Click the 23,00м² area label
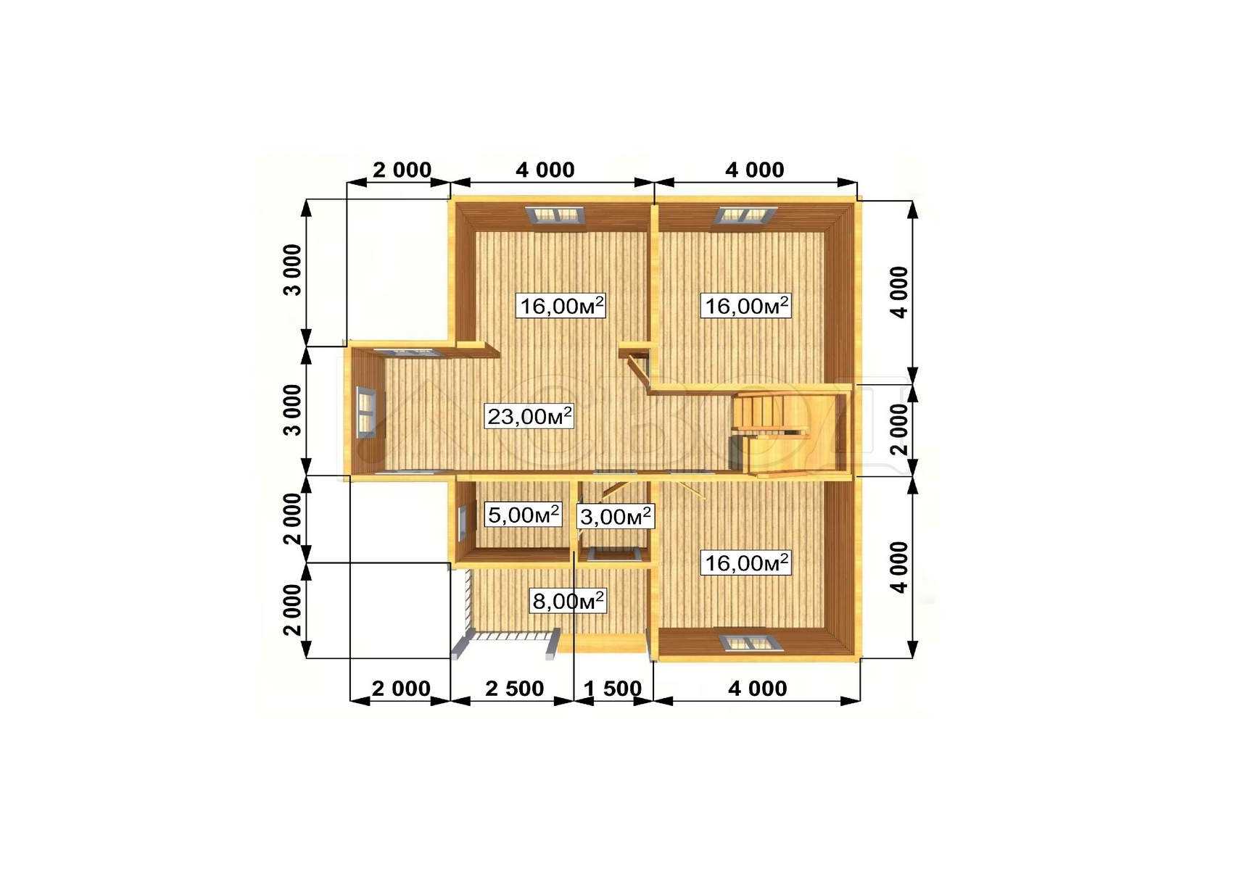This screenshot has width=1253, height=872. tap(529, 416)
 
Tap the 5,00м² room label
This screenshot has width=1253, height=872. tap(524, 515)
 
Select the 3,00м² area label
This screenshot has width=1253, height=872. tap(615, 516)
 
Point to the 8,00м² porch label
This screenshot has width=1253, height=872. tap(568, 601)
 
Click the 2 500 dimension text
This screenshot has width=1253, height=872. tap(514, 688)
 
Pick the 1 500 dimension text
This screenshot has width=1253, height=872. tap(613, 688)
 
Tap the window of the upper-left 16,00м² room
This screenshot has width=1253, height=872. tap(557, 215)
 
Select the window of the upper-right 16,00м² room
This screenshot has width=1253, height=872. tap(747, 215)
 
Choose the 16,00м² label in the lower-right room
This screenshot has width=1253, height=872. tap(746, 562)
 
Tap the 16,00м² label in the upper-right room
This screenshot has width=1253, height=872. tap(746, 306)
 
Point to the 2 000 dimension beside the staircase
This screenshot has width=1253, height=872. tap(899, 429)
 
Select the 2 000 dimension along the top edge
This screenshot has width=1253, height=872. tap(402, 170)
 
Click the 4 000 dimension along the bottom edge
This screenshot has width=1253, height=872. tap(757, 688)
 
